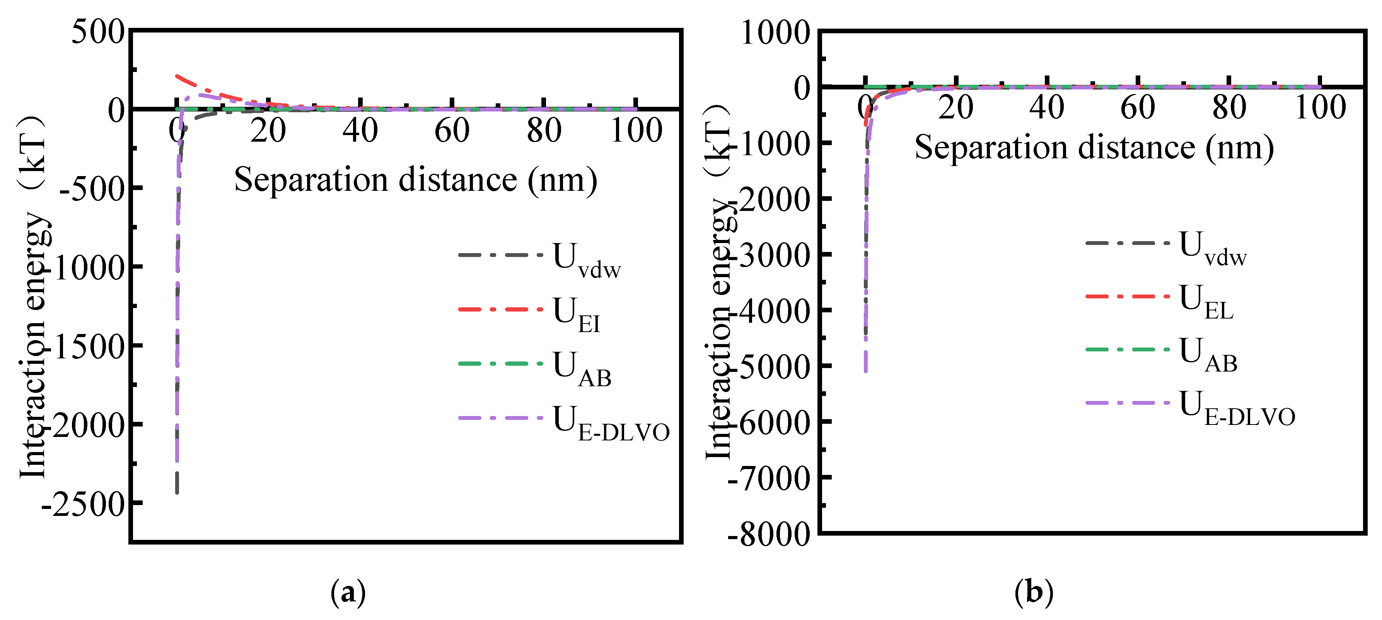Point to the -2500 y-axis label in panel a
(x=83, y=505)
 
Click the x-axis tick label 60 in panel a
(x=452, y=130)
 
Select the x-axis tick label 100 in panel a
(x=636, y=130)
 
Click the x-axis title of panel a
(x=416, y=180)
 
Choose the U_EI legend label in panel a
(x=577, y=314)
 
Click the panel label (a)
(x=348, y=593)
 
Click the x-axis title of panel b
(x=1094, y=147)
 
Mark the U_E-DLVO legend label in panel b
(x=1237, y=408)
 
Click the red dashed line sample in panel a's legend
(x=500, y=309)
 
